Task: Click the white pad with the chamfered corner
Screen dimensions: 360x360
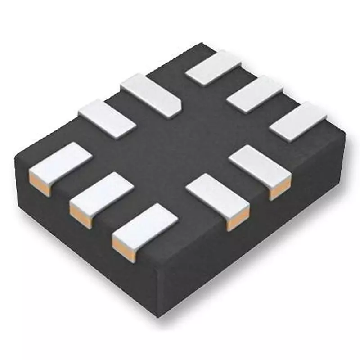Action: pos(151,94)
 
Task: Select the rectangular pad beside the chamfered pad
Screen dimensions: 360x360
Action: pos(107,118)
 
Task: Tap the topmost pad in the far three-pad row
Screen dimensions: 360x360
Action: pos(213,68)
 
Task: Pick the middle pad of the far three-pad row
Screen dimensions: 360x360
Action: pos(254,94)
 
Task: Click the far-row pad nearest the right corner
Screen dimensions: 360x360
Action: pos(298,121)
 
